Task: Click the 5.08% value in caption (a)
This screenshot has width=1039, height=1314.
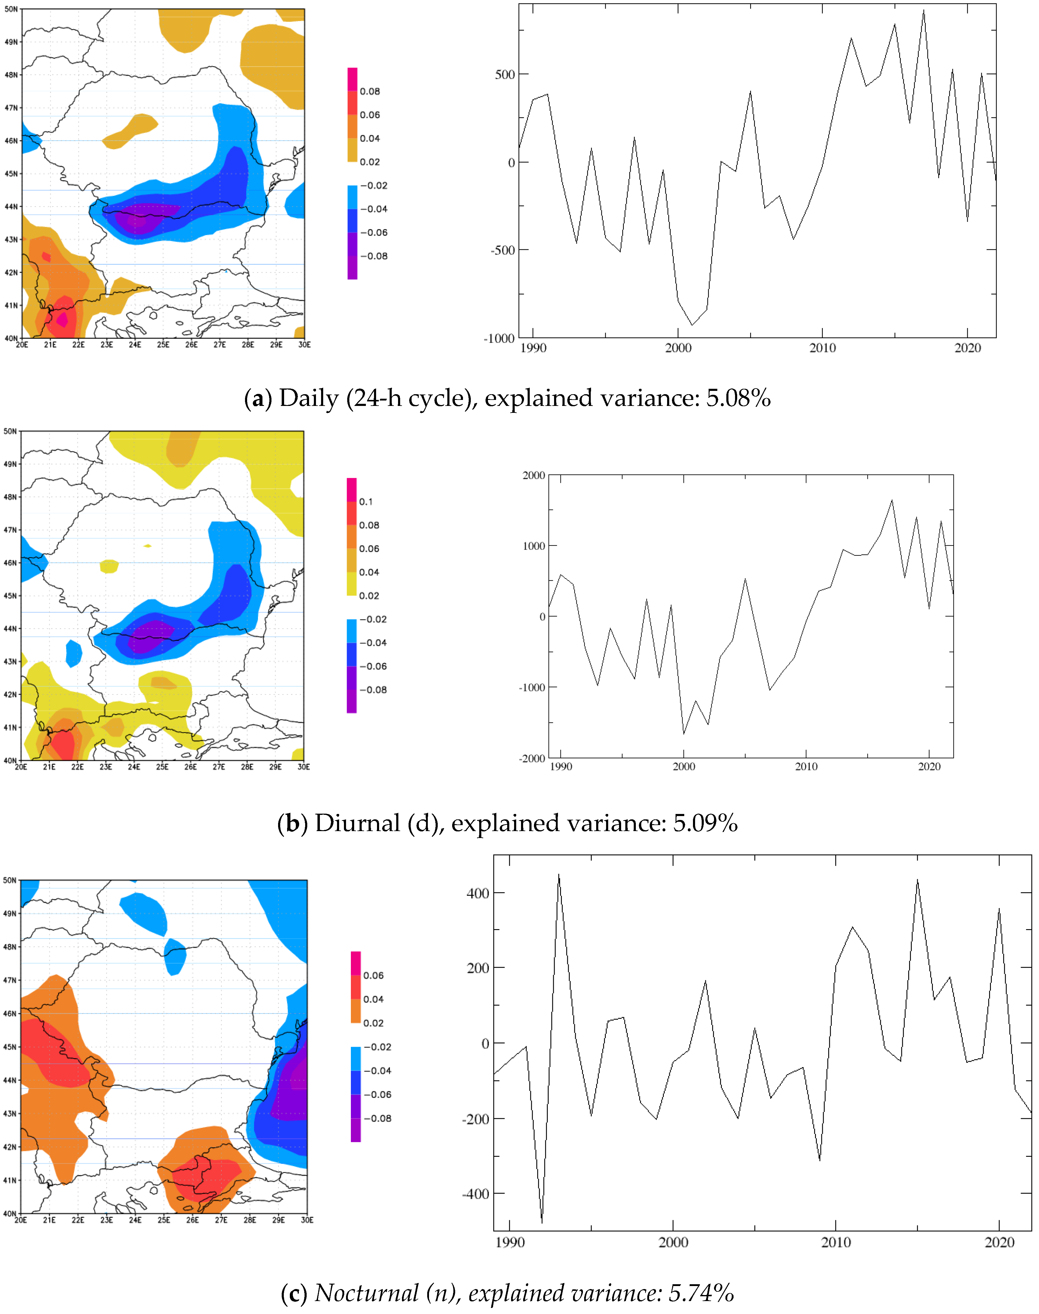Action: [x=738, y=398]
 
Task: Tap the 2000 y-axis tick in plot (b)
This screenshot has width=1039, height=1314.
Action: [x=534, y=476]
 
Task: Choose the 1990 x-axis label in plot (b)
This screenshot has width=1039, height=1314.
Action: [x=561, y=766]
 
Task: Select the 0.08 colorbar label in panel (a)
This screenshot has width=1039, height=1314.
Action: [x=370, y=91]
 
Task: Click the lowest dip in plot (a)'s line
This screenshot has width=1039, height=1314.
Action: [x=692, y=325]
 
